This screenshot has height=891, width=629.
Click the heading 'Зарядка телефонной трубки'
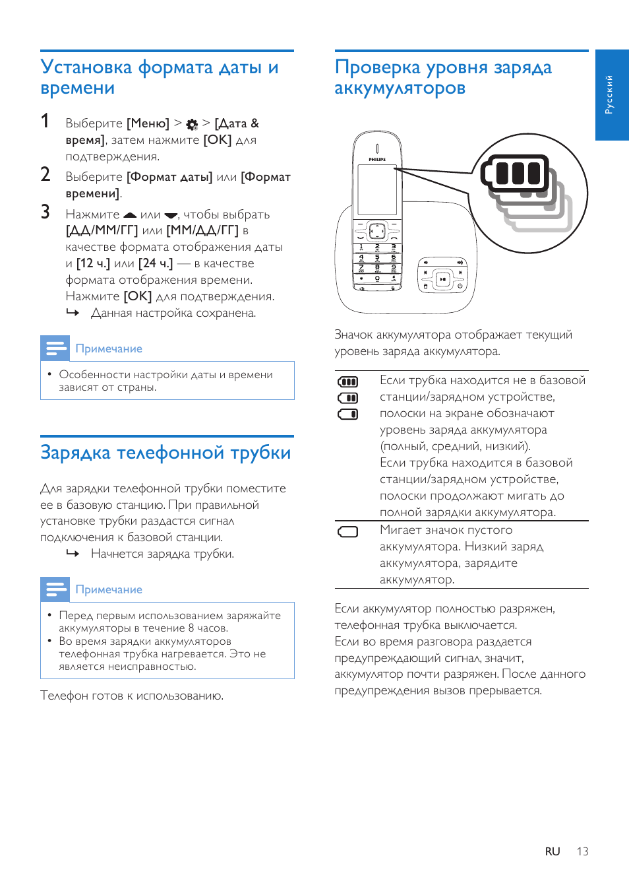click(165, 453)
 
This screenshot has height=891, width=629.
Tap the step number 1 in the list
click(45, 121)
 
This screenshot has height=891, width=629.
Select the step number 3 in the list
click(45, 212)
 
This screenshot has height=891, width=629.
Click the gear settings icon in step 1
click(192, 124)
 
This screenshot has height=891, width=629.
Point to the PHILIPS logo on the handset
click(377, 159)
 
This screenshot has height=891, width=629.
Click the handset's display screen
click(377, 189)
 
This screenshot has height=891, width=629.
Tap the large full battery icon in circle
click(516, 174)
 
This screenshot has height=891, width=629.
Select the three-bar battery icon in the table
click(347, 381)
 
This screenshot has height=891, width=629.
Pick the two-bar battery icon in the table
click(347, 398)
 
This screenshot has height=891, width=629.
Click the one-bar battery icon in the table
click(347, 414)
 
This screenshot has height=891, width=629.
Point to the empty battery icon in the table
click(347, 532)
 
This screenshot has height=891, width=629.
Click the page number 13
click(582, 851)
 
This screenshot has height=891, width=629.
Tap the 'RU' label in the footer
click(553, 851)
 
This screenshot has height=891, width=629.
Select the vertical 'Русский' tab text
click(609, 94)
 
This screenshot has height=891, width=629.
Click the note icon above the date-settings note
click(55, 348)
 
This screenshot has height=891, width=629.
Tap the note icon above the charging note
click(55, 589)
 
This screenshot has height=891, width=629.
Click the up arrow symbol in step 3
click(130, 215)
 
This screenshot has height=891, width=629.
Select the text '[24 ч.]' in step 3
click(156, 263)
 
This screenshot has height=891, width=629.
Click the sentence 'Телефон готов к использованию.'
click(132, 696)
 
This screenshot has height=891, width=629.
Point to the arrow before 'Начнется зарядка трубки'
click(73, 554)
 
